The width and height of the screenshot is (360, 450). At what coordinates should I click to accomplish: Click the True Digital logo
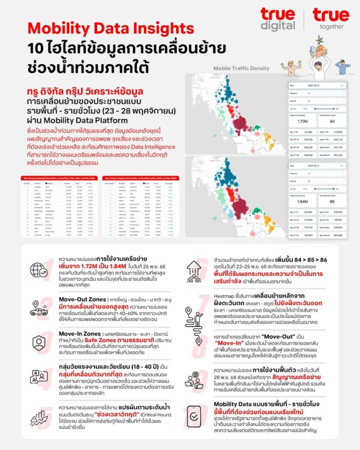click(x=277, y=19)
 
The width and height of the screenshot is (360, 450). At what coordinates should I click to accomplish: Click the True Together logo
click(x=331, y=19)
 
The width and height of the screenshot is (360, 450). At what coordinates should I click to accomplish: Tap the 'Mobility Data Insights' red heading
click(x=110, y=28)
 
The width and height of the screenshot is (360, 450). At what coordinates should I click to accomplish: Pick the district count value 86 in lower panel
click(x=332, y=201)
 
